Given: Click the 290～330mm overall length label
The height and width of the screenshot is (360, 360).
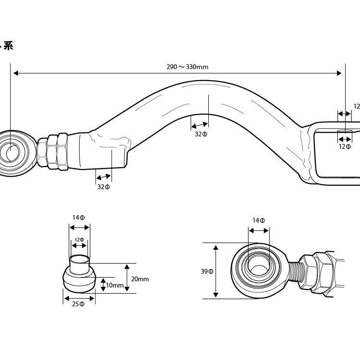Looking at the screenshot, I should click(187, 67).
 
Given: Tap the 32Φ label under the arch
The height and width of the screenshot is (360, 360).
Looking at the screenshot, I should click(201, 134).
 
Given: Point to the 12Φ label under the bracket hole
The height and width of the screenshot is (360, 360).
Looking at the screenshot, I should click(345, 147).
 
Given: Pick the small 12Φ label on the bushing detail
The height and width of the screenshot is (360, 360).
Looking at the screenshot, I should click(80, 240).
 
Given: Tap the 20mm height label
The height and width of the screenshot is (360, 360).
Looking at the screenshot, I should click(140, 279).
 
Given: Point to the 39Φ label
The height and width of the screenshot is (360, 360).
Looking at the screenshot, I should click(207, 272).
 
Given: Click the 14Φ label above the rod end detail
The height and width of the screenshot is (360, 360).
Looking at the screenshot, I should click(259, 220).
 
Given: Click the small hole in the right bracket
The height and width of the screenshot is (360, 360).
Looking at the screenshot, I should click(344, 131).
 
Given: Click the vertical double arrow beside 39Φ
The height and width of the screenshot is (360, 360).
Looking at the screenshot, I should click(217, 271).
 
